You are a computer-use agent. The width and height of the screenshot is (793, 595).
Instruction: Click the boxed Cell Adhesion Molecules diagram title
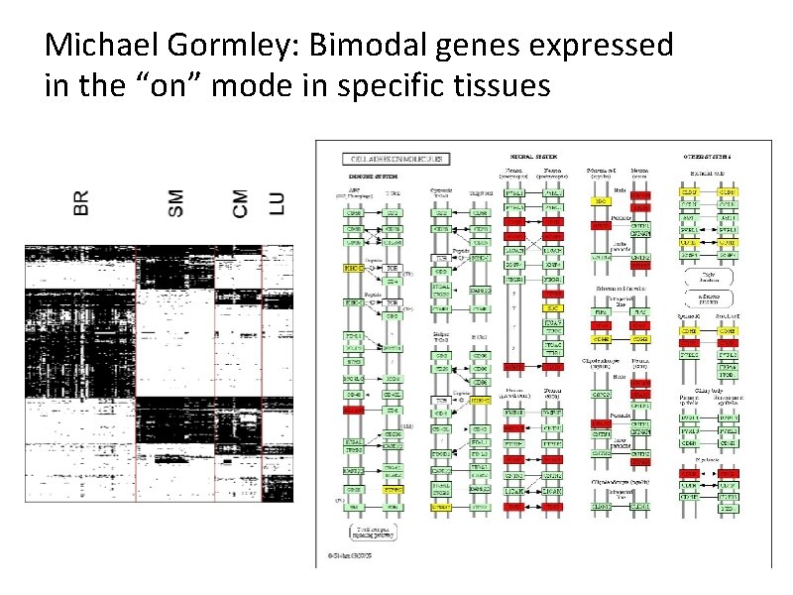[396, 158]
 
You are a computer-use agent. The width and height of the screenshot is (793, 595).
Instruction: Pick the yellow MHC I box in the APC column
[353, 268]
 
